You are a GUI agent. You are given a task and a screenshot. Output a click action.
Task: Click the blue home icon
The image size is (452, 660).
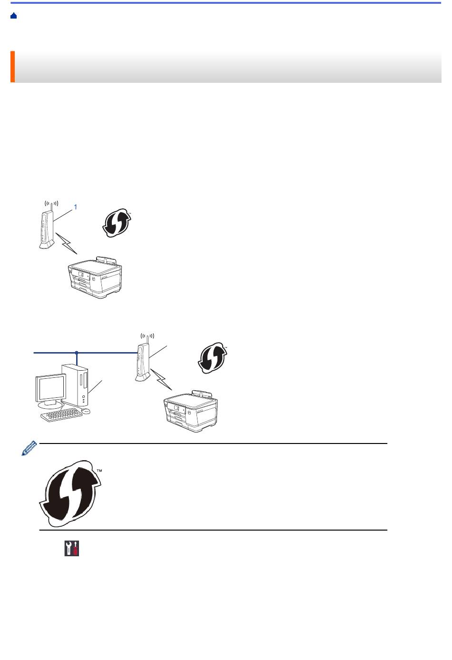[x=13, y=16]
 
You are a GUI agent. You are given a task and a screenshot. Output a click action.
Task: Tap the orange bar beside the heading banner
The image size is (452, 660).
[x=13, y=67]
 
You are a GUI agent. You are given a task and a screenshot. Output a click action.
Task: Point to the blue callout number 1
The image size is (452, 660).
[x=76, y=207]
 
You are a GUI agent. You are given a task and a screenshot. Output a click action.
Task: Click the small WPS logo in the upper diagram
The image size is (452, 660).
[x=117, y=223]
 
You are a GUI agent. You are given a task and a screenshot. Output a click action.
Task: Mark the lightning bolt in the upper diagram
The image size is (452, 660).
[x=67, y=243]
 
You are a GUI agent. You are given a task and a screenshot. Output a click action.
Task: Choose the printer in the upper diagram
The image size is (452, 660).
[x=95, y=277]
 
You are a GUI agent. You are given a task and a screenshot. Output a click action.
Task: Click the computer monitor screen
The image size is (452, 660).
[x=51, y=388]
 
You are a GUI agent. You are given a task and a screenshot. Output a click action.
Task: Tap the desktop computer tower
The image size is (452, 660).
[x=76, y=385]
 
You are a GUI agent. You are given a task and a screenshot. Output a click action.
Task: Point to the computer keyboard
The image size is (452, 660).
[x=61, y=415]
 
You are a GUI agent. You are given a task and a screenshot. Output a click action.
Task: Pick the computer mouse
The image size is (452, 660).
[x=86, y=411]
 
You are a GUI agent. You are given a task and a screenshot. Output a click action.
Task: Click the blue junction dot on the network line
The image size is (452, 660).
[x=77, y=353]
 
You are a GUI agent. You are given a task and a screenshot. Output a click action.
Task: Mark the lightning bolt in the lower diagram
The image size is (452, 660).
[x=161, y=379]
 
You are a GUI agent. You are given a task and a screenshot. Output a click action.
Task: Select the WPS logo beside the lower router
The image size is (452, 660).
[x=213, y=358]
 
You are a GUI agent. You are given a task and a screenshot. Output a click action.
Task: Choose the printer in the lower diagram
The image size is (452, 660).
[x=191, y=411]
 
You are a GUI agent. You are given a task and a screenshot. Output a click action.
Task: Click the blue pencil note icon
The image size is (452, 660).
[x=29, y=448]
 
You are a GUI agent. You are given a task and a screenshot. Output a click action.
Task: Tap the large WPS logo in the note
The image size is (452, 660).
[x=70, y=493]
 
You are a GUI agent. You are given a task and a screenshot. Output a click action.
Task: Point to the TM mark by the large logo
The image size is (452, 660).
[x=99, y=471]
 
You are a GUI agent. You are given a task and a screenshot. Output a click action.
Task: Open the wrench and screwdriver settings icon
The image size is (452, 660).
[x=72, y=548]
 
